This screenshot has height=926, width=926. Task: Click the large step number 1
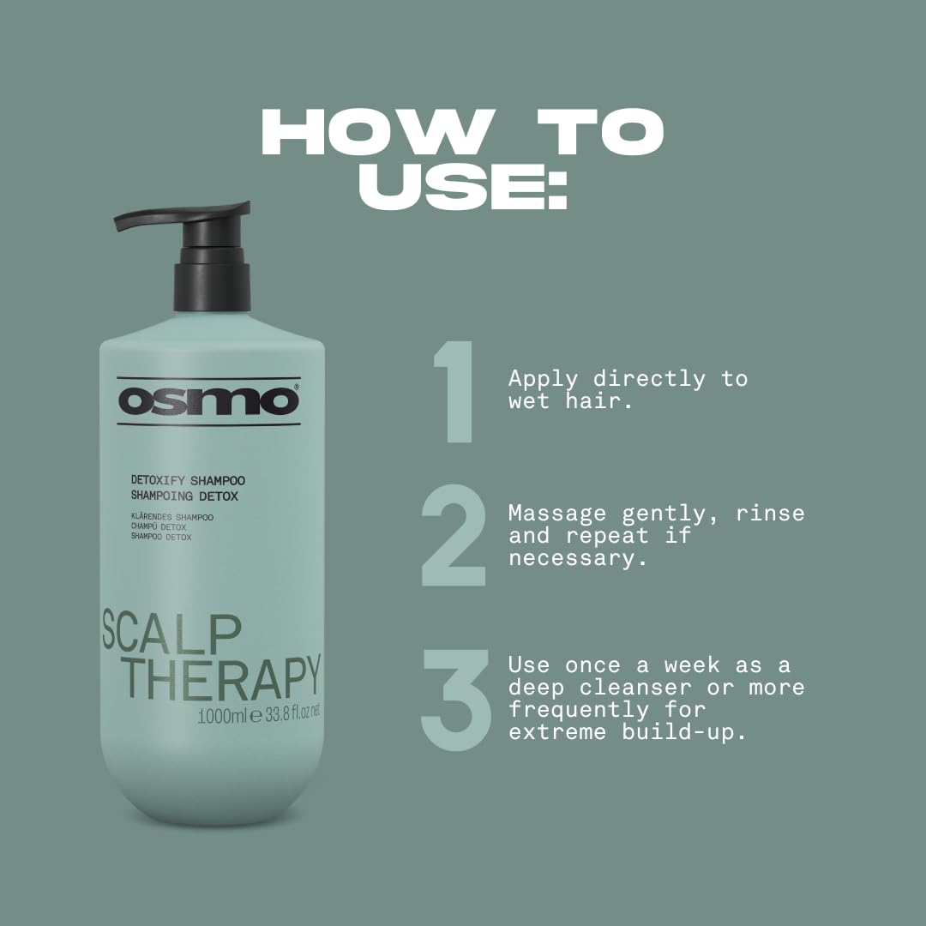[x=454, y=393]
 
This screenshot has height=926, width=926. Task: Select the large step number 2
[x=454, y=535]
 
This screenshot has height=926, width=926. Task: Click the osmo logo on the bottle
[x=208, y=401]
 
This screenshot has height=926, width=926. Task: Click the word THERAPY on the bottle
[x=220, y=676]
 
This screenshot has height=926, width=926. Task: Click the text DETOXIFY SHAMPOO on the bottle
[x=188, y=481]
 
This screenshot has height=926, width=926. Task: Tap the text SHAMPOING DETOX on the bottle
[x=184, y=496]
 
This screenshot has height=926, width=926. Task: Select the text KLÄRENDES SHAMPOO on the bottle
[x=172, y=517]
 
